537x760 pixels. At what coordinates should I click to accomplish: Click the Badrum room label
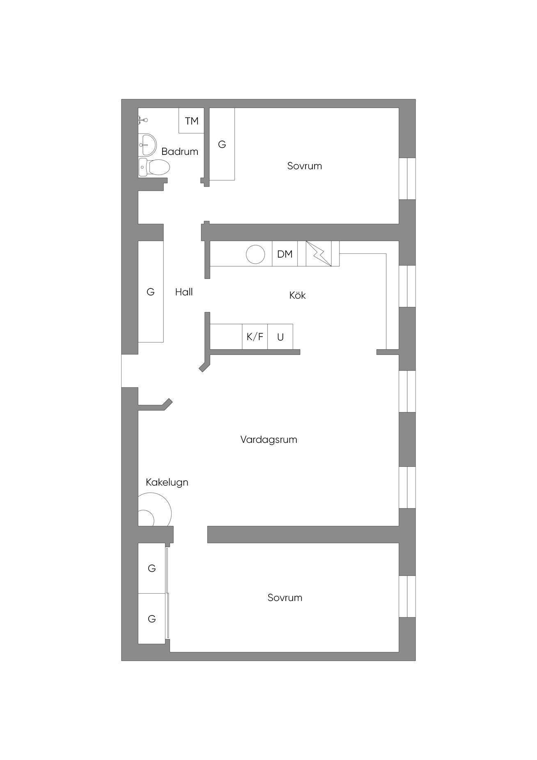point(180,151)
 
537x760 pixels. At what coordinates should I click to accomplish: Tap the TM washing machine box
point(191,120)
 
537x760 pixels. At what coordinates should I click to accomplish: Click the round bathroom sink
point(147,145)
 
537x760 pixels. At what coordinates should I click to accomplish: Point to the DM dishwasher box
point(285,254)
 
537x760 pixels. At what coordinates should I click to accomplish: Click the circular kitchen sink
point(255,254)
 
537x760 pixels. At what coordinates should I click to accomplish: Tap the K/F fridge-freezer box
point(255,337)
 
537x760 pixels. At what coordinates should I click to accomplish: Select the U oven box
point(280,337)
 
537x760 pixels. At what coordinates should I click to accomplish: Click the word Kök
point(297,295)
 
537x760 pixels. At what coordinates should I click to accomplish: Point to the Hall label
point(184,292)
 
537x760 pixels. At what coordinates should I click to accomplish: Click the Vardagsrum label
point(268,440)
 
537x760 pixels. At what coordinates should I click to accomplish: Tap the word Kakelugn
point(167,482)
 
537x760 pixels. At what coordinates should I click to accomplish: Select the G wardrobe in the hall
point(151,292)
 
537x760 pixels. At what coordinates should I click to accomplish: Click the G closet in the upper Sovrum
point(222,144)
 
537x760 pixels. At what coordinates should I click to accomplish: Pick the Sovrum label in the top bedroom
point(304,166)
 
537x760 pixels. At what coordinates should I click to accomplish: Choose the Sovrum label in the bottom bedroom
point(285,597)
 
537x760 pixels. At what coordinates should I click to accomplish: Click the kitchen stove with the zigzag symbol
point(319,254)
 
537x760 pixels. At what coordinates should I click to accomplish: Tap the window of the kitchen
point(407,286)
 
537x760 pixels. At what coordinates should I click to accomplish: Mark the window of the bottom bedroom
point(407,596)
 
